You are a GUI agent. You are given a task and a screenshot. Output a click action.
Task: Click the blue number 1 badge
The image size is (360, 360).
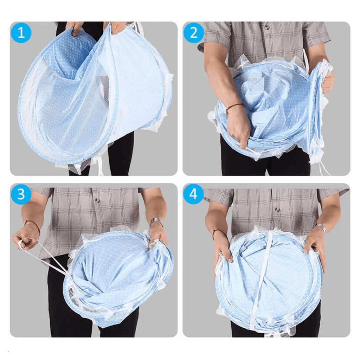21,33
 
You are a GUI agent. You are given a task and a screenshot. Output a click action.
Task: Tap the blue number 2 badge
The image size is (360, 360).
194,33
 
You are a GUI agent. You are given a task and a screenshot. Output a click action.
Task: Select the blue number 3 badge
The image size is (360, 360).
21,194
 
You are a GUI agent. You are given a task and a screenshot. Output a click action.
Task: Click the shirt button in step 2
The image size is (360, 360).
267,27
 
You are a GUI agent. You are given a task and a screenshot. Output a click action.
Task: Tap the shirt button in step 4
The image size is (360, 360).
277,210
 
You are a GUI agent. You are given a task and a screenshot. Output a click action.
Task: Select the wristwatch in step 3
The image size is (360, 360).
156,221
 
